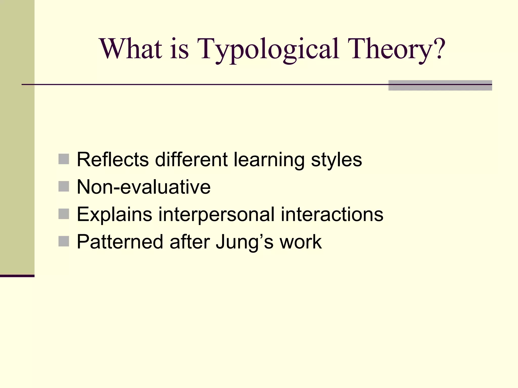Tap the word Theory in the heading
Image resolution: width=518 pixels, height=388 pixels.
[x=391, y=49]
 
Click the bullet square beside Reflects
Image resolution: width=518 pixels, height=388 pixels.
[x=63, y=159]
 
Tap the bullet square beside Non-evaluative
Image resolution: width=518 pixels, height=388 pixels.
[x=63, y=187]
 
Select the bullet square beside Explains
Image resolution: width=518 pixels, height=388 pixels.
[x=63, y=214]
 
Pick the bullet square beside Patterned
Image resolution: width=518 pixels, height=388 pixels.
[x=63, y=241]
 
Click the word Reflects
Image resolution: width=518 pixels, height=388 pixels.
[x=113, y=159]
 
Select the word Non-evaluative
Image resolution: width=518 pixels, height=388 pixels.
[x=143, y=187]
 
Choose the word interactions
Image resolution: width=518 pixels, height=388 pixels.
[x=332, y=214]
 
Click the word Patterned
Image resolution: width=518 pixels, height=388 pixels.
[x=120, y=242]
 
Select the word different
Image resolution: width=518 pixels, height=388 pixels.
[x=191, y=159]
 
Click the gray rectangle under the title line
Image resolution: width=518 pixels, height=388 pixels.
[x=440, y=85]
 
